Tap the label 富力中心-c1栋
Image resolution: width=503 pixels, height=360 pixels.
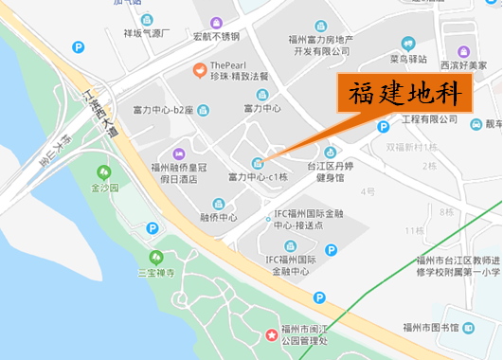pos(258,177)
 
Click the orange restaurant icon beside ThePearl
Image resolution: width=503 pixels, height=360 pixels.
pos(199,69)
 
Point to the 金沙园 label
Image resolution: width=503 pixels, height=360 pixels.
pos(104,188)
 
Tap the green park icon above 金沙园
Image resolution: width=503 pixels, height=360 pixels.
pos(104,172)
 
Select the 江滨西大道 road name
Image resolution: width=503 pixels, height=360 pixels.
pos(101,114)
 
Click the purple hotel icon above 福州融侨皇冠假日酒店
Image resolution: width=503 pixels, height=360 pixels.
pos(178,153)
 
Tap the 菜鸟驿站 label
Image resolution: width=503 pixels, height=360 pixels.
pos(408,59)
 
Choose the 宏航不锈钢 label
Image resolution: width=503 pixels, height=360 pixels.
pos(216,37)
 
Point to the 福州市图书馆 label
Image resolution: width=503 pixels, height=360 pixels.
pos(431,328)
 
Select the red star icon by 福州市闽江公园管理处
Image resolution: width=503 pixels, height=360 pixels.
pos(272,334)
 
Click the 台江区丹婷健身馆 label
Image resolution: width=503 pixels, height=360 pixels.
pos(331,171)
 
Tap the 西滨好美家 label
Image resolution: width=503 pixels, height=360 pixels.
pos(462,66)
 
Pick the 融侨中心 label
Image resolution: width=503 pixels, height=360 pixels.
pos(219,217)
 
